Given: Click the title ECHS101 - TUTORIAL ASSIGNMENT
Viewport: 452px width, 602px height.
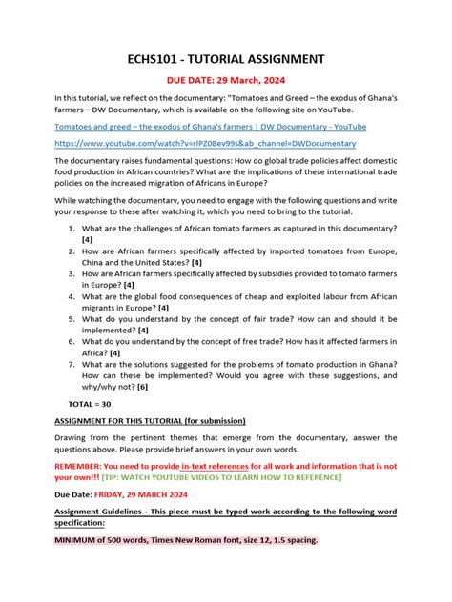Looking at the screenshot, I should tap(225, 59).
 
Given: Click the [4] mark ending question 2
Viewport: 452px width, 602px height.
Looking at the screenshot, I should tap(195, 262).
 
